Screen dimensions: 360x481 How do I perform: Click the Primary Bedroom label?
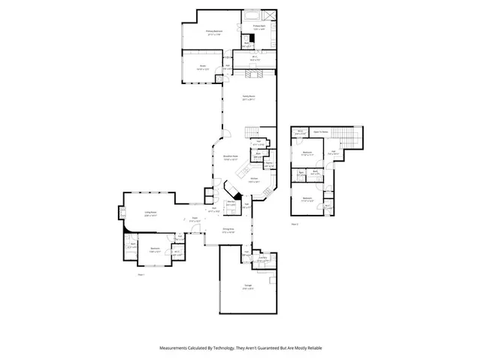click(x=214, y=31)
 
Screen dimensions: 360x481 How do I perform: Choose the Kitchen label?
click(x=253, y=179)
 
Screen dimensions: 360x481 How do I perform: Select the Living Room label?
click(x=150, y=213)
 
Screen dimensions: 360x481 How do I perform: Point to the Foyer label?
click(x=193, y=220)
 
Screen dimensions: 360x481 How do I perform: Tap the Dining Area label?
click(x=228, y=230)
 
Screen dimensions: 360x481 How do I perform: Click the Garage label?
click(x=247, y=286)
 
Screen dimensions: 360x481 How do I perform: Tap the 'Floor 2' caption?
click(x=295, y=223)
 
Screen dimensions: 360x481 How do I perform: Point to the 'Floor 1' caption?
click(x=140, y=274)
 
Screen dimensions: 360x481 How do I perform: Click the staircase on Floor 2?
click(x=346, y=138)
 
